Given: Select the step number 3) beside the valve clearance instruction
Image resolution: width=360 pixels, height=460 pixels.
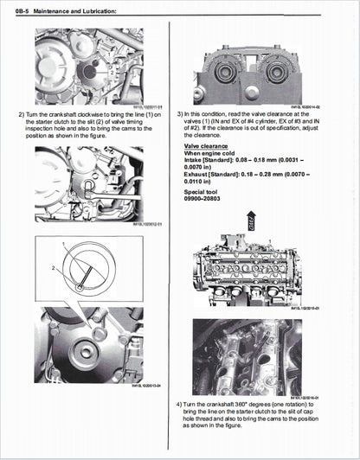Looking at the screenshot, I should tap(180, 114).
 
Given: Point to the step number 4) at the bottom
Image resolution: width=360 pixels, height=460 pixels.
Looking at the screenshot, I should tap(180, 405).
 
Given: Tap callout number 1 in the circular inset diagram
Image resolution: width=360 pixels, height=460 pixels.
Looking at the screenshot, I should tap(64, 246).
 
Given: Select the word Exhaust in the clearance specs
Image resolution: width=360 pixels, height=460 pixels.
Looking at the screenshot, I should tap(197, 176).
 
